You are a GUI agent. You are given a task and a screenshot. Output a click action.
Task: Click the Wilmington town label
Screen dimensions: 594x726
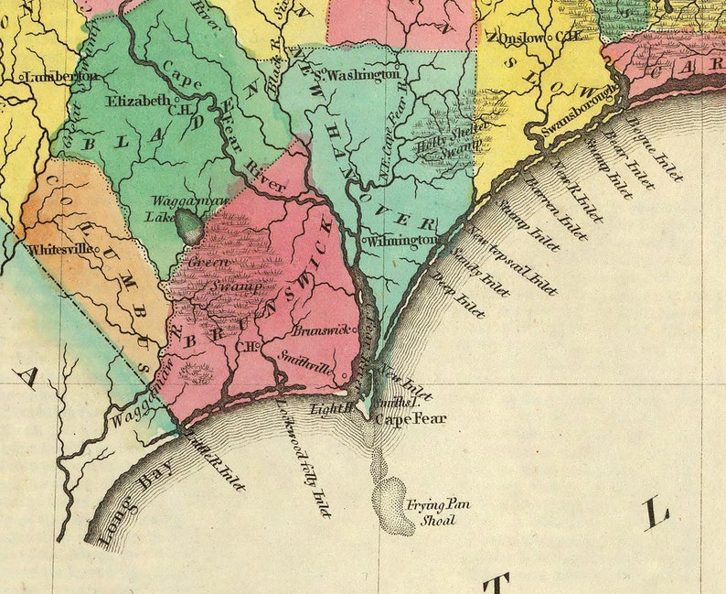pyautogui.click(x=403, y=240)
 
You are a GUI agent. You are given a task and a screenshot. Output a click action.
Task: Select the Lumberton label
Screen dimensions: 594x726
pyautogui.click(x=61, y=77)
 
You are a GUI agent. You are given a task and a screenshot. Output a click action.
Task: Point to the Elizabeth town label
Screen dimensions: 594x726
pyautogui.click(x=138, y=100)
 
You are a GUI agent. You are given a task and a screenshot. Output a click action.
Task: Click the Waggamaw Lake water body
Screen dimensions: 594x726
pyautogui.click(x=189, y=225)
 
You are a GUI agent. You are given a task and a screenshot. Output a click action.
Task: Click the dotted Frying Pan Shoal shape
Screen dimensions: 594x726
pyautogui.click(x=392, y=502)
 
